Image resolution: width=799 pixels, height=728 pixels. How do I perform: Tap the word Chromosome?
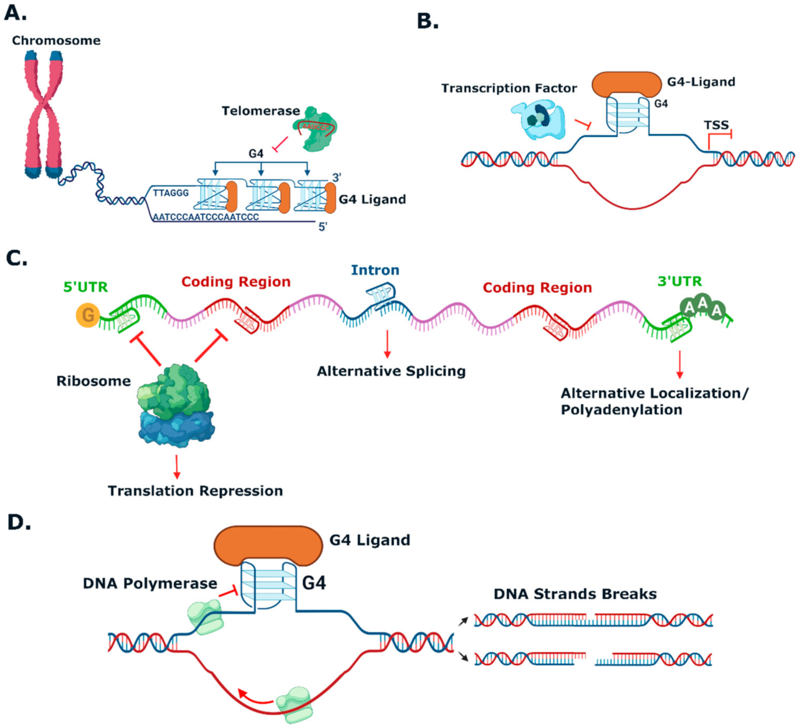click(x=56, y=41)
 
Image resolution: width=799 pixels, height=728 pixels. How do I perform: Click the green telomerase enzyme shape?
click(x=315, y=129)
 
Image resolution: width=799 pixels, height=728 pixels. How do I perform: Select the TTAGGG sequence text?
click(x=171, y=193)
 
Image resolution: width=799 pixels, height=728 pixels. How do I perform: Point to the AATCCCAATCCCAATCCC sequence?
click(x=206, y=217)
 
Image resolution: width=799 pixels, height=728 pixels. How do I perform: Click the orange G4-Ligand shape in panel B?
click(x=626, y=84)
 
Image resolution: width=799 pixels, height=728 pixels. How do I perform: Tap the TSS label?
click(x=716, y=125)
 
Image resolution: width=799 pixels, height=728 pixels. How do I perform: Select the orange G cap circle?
click(x=88, y=315)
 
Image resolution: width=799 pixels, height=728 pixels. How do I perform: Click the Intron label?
click(x=375, y=270)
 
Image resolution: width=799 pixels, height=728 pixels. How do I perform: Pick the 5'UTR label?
click(x=86, y=287)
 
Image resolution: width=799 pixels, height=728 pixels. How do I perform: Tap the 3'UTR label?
click(x=680, y=281)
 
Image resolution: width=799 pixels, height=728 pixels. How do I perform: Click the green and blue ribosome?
click(x=176, y=405)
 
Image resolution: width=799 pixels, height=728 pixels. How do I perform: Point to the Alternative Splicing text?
click(x=391, y=371)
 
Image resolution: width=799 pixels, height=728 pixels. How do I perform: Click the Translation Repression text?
click(x=195, y=491)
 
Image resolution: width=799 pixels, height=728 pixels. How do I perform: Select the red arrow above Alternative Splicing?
click(x=387, y=344)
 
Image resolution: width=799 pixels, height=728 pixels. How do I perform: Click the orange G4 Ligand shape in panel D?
click(x=268, y=545)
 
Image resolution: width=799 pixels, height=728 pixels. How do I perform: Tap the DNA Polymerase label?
click(x=150, y=583)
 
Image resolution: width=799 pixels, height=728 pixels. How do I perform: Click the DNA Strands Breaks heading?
click(x=575, y=594)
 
